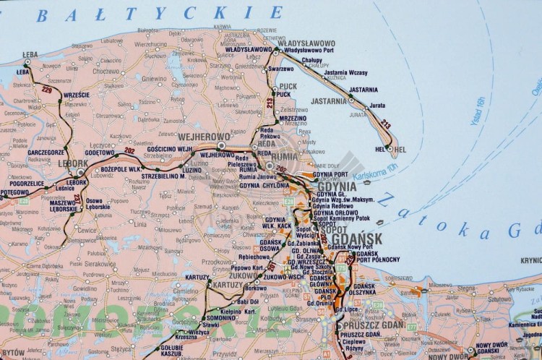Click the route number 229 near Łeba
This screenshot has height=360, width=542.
click(47, 90)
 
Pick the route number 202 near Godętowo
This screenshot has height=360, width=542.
click(129, 150)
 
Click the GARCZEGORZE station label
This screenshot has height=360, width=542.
click(47, 153)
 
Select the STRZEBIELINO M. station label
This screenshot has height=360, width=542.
click(163, 176)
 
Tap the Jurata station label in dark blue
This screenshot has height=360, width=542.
click(377, 106)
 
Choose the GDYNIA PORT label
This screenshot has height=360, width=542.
click(331, 174)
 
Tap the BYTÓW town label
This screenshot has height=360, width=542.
click(13, 352)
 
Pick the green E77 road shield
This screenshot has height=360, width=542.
click(411, 327)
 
